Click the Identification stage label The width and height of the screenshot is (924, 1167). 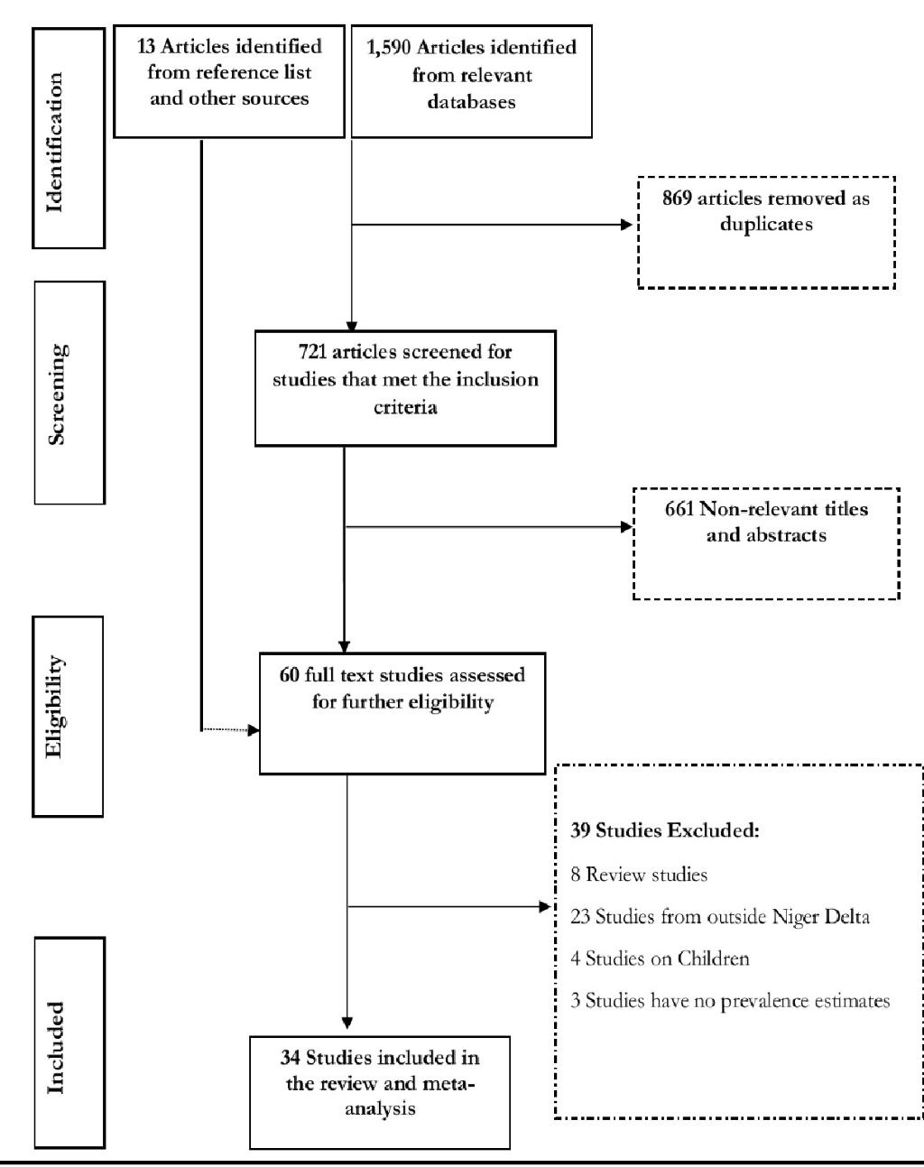pyautogui.click(x=55, y=142)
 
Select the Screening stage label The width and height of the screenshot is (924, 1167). pyautogui.click(x=57, y=394)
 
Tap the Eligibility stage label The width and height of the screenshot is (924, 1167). pyautogui.click(x=55, y=707)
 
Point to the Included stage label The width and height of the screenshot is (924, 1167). pyautogui.click(x=55, y=1047)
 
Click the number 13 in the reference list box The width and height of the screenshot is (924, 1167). pyautogui.click(x=146, y=47)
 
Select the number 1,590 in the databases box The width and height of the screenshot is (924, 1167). pyautogui.click(x=388, y=48)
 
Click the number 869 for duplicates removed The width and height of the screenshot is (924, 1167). pyautogui.click(x=677, y=198)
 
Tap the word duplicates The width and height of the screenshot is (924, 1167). pyautogui.click(x=766, y=225)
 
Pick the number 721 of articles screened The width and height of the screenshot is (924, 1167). pyautogui.click(x=312, y=352)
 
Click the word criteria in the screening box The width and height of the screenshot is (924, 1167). pyautogui.click(x=405, y=407)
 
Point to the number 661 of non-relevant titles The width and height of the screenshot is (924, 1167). pyautogui.click(x=679, y=509)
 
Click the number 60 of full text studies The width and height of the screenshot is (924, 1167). pyautogui.click(x=289, y=675)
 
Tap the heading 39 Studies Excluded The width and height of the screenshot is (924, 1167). pyautogui.click(x=665, y=830)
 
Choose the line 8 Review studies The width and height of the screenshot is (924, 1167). pyautogui.click(x=639, y=875)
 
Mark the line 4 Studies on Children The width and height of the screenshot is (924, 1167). pyautogui.click(x=660, y=959)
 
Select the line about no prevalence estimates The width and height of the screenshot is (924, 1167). pyautogui.click(x=730, y=1001)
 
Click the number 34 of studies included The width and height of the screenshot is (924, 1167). pyautogui.click(x=291, y=1058)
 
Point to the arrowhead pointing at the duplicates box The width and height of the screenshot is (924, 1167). pyautogui.click(x=626, y=225)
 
